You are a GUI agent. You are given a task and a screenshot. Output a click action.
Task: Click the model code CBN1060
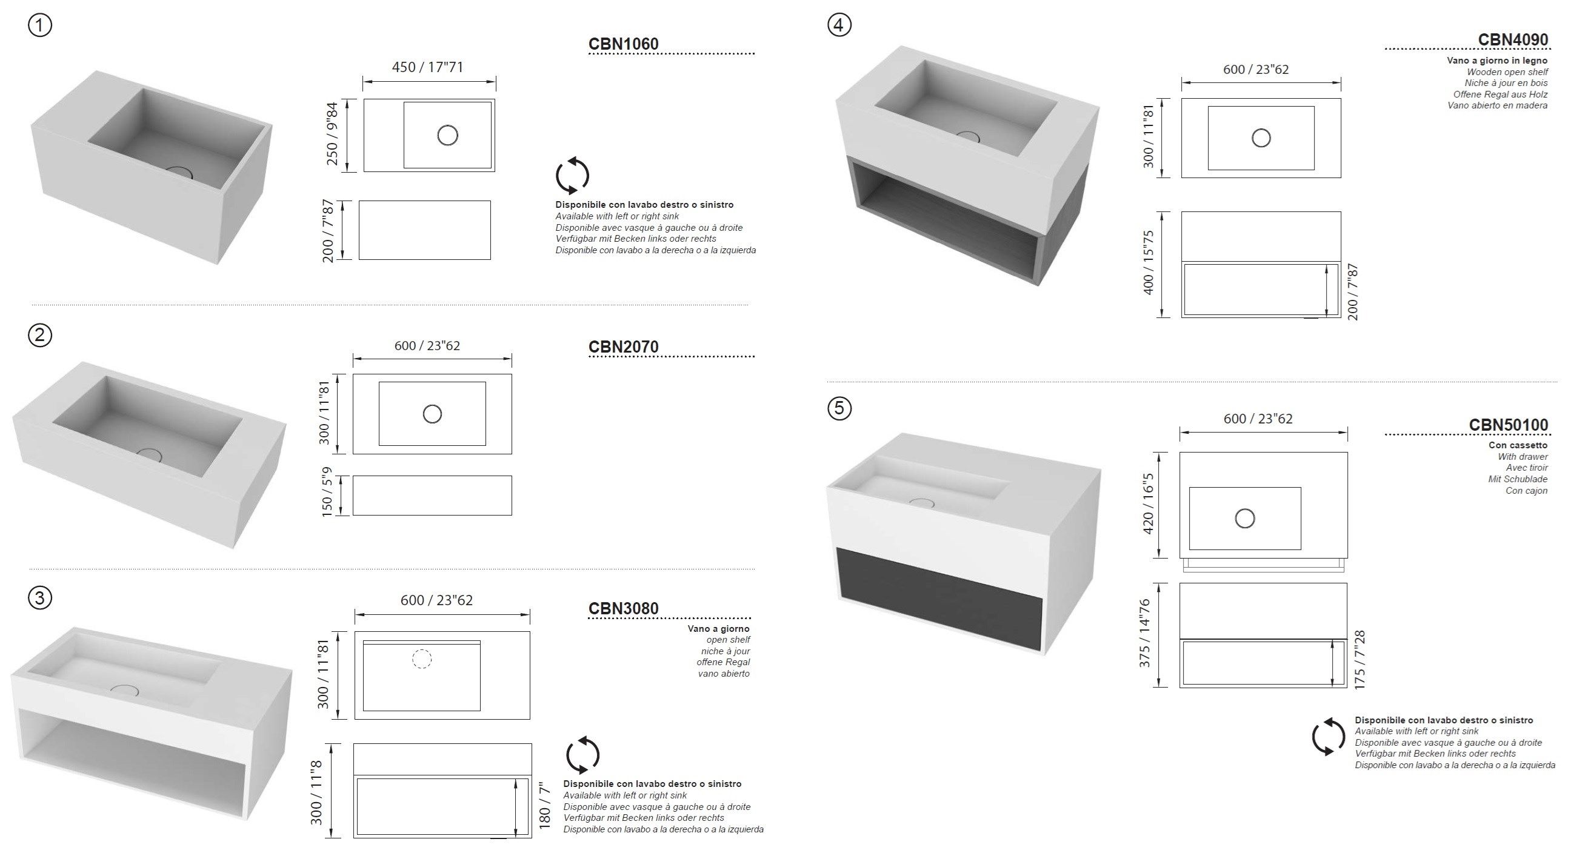click(622, 44)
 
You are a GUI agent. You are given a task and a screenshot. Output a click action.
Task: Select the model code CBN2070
click(622, 347)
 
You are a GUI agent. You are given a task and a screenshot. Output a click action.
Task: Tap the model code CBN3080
click(622, 608)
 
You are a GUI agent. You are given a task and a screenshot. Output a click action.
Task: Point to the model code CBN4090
click(1512, 39)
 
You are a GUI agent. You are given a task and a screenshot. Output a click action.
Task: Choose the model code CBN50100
click(1508, 424)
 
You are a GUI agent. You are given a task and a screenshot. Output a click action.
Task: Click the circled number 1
click(40, 25)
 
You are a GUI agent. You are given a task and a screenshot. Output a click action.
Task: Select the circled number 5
click(839, 407)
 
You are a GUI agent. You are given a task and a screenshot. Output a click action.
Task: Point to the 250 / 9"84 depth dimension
click(332, 134)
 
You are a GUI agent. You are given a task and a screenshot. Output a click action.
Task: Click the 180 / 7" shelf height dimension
click(545, 805)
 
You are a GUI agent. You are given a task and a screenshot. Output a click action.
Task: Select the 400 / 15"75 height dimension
click(1149, 263)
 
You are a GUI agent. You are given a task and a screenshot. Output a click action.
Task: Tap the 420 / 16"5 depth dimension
click(1148, 504)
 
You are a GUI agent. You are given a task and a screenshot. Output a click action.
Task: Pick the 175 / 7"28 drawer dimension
click(1359, 660)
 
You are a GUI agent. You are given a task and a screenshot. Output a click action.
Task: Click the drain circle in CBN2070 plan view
click(432, 414)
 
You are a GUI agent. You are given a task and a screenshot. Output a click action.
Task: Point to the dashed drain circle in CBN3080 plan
click(422, 659)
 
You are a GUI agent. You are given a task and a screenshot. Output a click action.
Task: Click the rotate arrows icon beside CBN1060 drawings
click(572, 176)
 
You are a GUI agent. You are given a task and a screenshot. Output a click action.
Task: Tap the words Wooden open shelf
click(1507, 72)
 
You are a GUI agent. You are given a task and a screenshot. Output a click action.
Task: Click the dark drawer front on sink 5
click(939, 597)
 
